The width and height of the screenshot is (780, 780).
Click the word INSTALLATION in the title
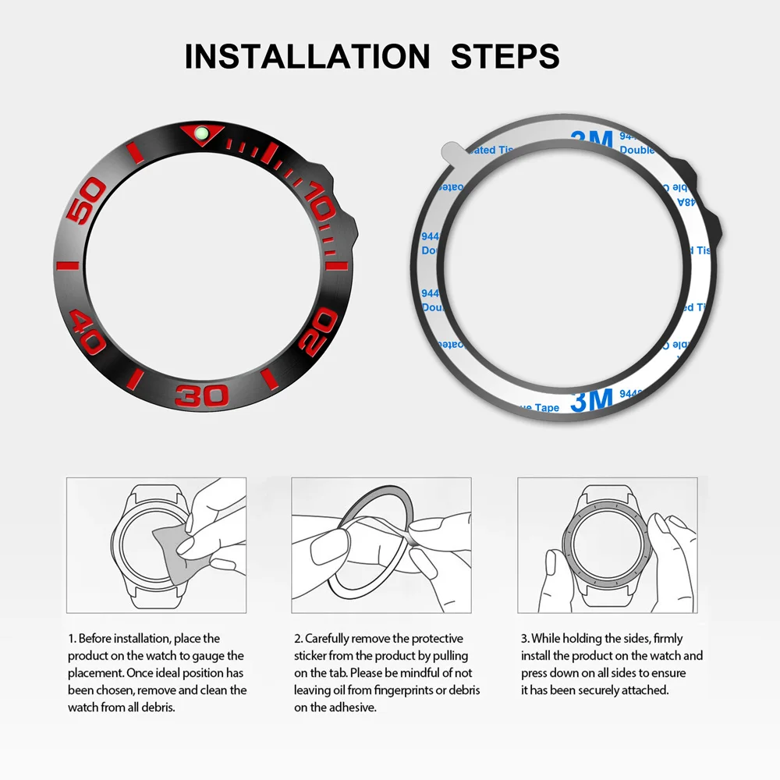307,57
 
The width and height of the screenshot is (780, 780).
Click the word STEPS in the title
505,57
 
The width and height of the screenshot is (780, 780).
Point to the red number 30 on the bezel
203,395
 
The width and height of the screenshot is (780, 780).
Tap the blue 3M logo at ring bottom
591,401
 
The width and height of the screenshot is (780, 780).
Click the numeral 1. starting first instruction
71,638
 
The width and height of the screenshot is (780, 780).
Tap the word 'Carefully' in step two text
329,638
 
